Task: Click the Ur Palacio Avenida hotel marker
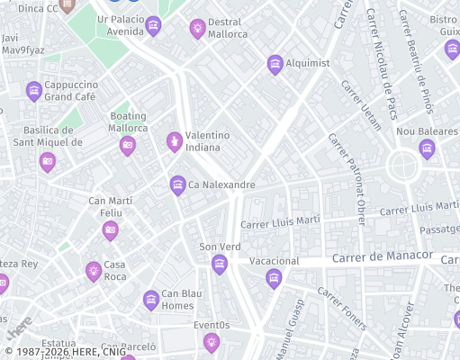(153, 26)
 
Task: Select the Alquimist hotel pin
(275, 63)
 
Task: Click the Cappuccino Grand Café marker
(34, 90)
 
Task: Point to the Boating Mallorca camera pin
(128, 145)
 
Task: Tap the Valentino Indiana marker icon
(175, 141)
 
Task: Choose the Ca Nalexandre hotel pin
(178, 185)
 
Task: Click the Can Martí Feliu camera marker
(110, 230)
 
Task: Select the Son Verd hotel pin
(219, 264)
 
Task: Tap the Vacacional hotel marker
(274, 278)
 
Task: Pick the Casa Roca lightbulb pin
(93, 271)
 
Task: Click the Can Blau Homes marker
(150, 300)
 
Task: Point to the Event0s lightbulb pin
(211, 341)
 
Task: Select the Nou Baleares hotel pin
(427, 148)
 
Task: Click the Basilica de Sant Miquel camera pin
(48, 162)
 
